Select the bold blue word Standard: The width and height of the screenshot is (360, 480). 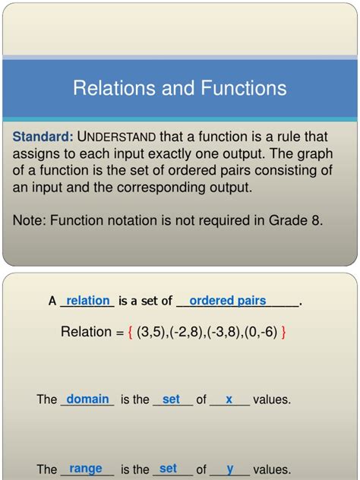click(43, 137)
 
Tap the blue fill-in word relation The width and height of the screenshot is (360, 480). click(88, 301)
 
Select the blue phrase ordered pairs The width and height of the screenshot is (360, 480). click(228, 301)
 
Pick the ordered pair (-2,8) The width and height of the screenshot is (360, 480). click(185, 332)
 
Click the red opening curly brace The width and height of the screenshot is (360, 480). click(131, 332)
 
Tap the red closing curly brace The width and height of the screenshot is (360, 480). click(283, 332)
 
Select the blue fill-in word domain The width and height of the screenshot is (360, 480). click(88, 399)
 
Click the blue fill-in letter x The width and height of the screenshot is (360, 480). click(229, 399)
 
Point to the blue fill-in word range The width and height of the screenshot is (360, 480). click(86, 469)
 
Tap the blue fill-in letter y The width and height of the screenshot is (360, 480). click(229, 469)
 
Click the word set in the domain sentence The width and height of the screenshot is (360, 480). click(171, 399)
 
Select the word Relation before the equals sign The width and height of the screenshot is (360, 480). click(87, 332)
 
